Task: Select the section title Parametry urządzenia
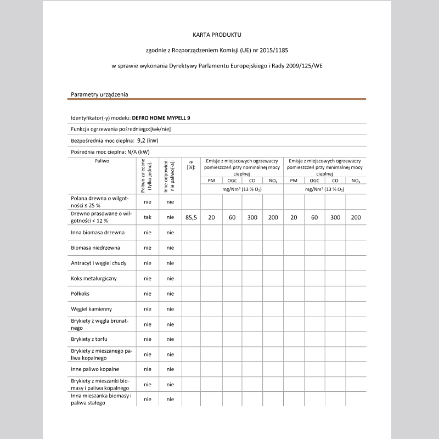click(99, 94)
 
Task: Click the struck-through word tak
click(155, 129)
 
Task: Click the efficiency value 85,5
click(191, 217)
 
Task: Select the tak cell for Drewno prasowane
click(148, 217)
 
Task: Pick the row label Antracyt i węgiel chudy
click(99, 263)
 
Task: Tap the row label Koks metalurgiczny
click(94, 278)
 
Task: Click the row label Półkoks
click(81, 294)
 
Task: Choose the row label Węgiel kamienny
click(92, 309)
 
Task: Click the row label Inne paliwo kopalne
click(95, 369)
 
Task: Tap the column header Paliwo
click(102, 162)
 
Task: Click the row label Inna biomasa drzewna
click(98, 233)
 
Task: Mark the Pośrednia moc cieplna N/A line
click(110, 152)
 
